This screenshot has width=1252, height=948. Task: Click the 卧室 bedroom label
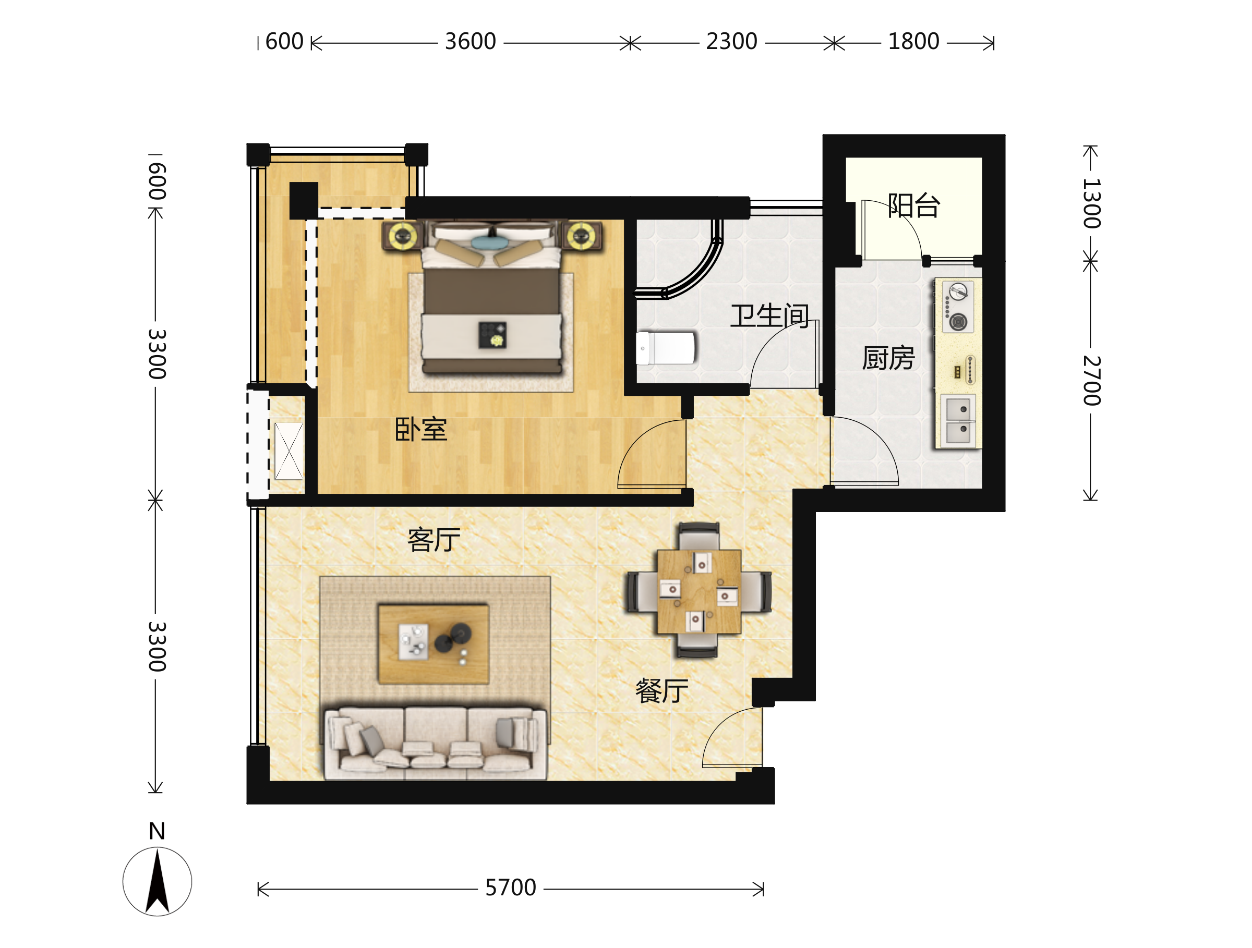tap(420, 429)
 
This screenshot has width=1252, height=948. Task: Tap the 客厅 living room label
tap(434, 540)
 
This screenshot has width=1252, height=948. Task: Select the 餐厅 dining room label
tap(661, 690)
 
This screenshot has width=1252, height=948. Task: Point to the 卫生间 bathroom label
tap(770, 315)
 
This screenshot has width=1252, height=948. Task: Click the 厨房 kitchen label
tap(888, 358)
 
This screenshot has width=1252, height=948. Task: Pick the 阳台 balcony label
tap(913, 205)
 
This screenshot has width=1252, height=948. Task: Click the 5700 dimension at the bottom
tap(511, 888)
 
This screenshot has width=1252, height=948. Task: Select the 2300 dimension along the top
tap(731, 41)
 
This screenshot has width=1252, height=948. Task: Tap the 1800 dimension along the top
tap(913, 41)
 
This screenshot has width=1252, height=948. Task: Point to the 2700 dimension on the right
tap(1092, 381)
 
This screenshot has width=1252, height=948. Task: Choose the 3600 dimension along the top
tap(471, 41)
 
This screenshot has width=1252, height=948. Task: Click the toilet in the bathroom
tap(666, 348)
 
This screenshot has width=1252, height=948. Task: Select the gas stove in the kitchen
tap(958, 307)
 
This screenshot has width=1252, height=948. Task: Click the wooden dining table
tap(699, 592)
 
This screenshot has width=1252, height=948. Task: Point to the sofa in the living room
tap(435, 743)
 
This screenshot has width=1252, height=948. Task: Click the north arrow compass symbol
tap(158, 881)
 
